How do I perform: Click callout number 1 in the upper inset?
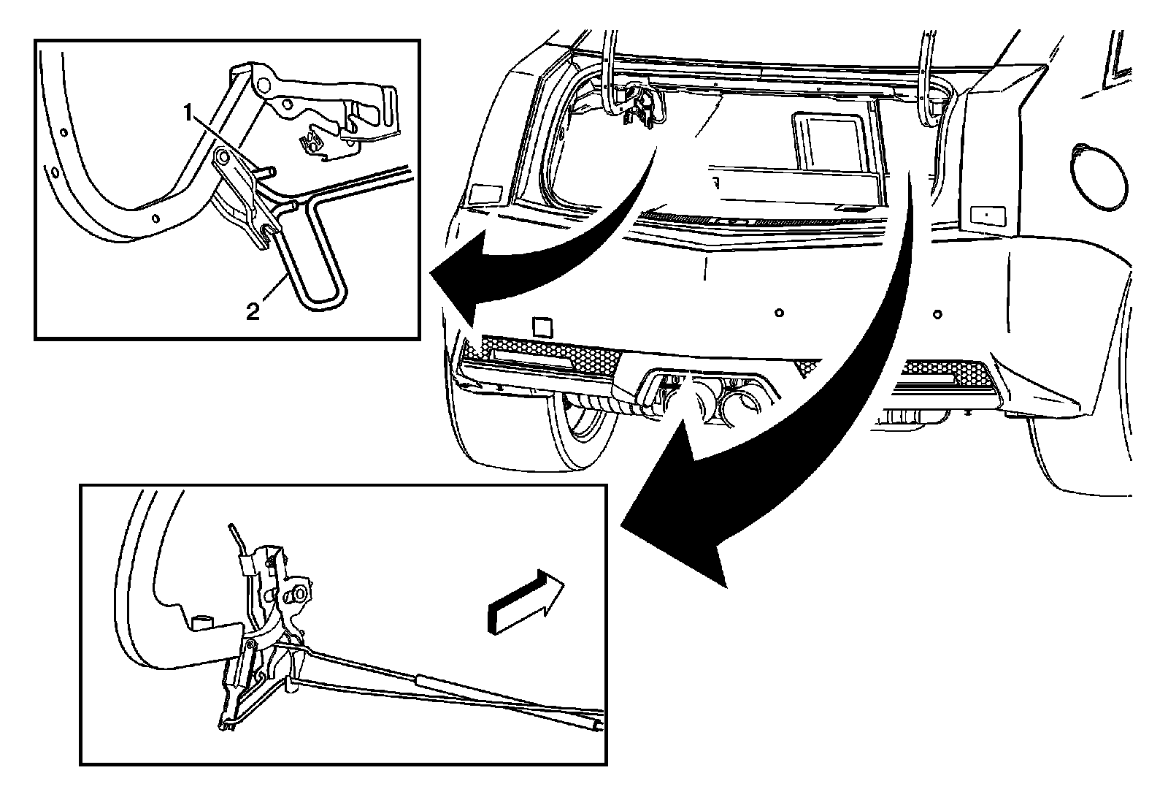click(x=189, y=113)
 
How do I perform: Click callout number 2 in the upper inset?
click(x=252, y=312)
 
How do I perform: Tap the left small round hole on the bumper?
click(x=780, y=313)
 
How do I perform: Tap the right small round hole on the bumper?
click(x=937, y=316)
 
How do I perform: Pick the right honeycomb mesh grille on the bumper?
click(x=949, y=372)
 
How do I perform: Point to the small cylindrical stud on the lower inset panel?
click(x=199, y=622)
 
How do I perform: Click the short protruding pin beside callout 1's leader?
click(x=269, y=172)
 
